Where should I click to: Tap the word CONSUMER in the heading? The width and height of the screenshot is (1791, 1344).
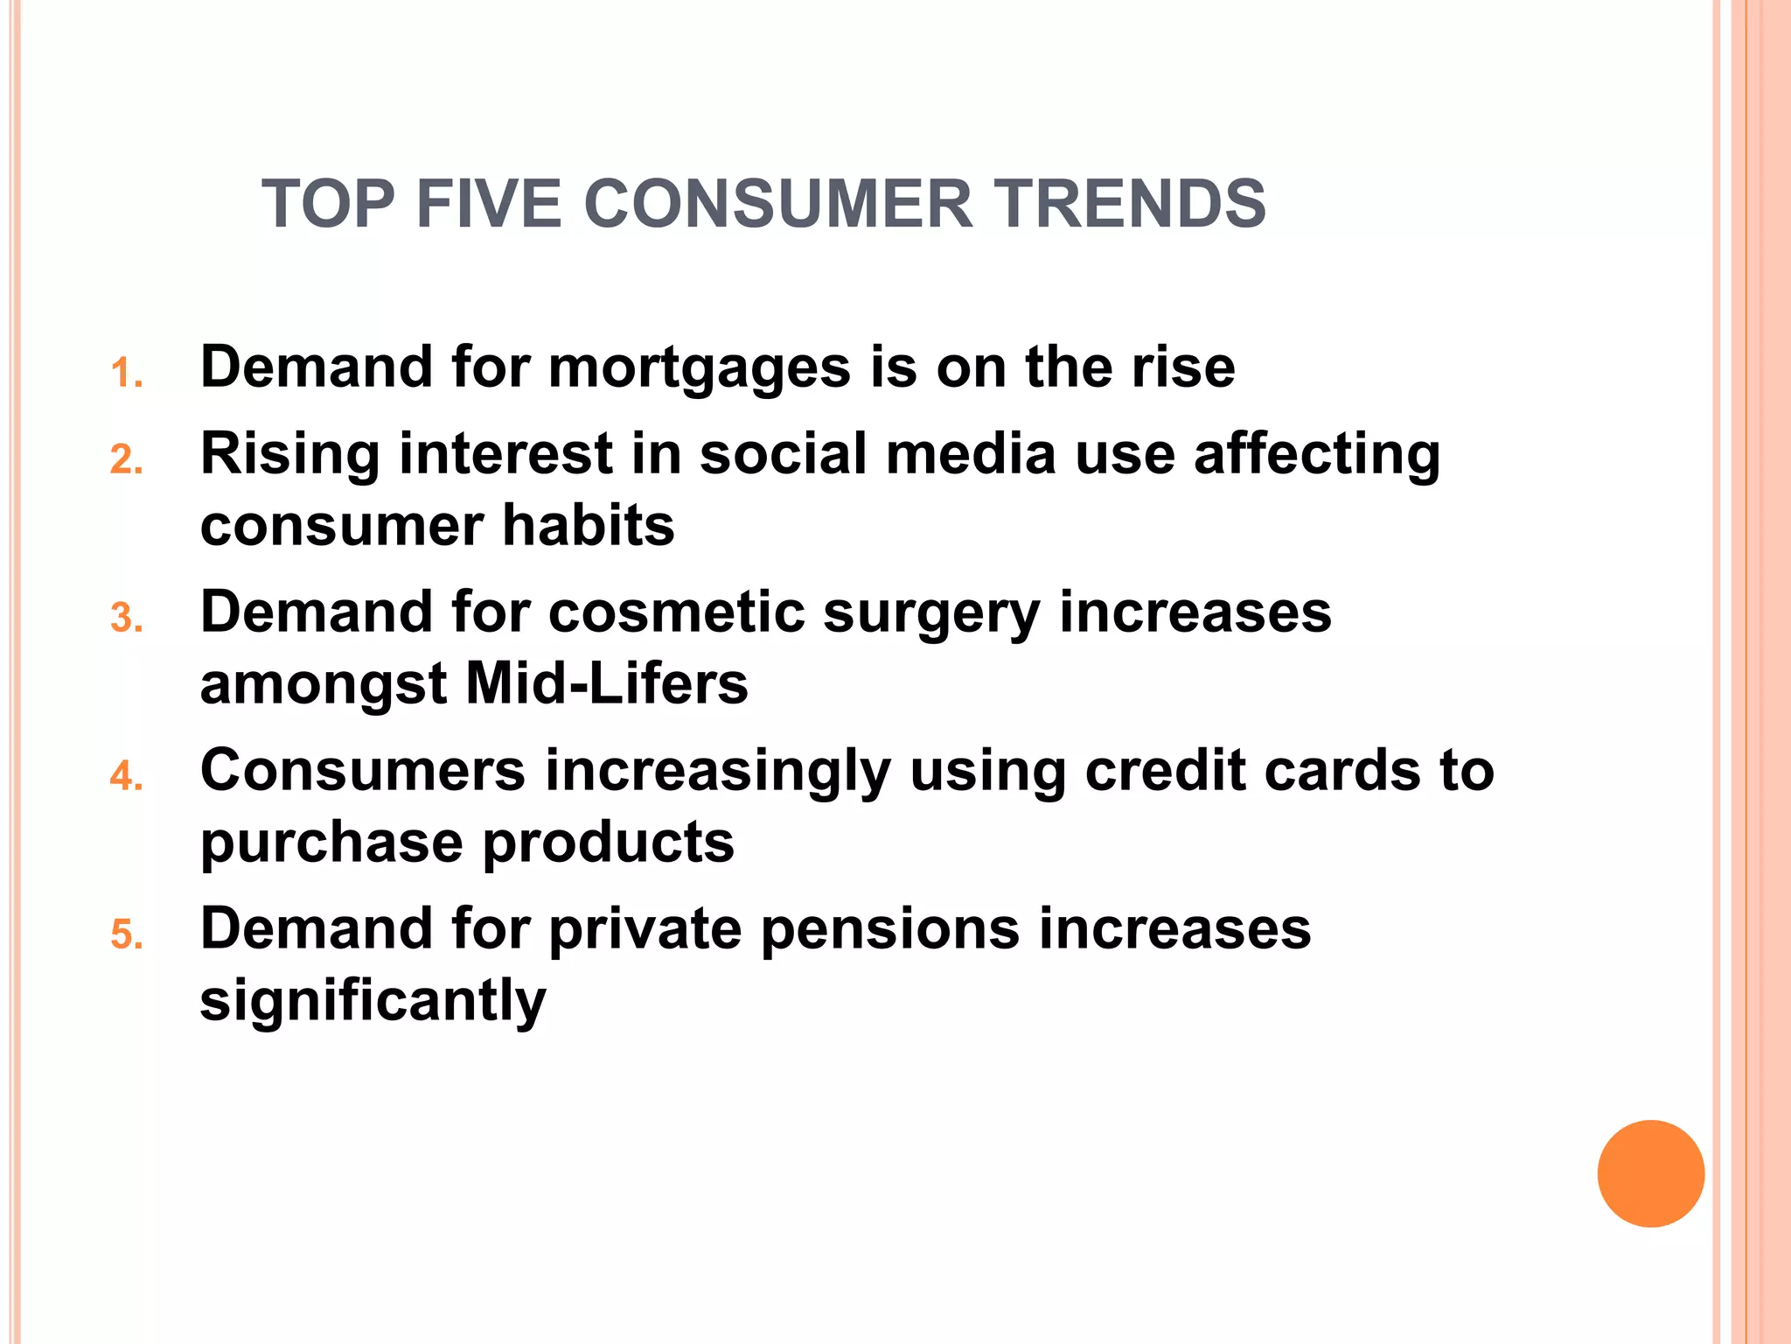coord(777,204)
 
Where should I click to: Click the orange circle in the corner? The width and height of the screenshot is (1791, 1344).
coord(1650,1173)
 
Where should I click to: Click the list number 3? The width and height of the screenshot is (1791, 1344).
coord(126,619)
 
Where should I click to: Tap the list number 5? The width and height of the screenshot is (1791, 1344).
coord(126,935)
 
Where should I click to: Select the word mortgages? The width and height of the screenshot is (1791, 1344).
coord(699,367)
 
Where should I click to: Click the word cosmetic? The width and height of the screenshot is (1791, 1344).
coord(676,612)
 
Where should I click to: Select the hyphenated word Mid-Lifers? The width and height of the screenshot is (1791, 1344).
coord(606,683)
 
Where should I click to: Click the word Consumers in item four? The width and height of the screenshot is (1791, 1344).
coord(363,771)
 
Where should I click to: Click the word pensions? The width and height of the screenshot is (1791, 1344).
coord(890,929)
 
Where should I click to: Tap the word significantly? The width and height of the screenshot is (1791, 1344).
coord(373,1001)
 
